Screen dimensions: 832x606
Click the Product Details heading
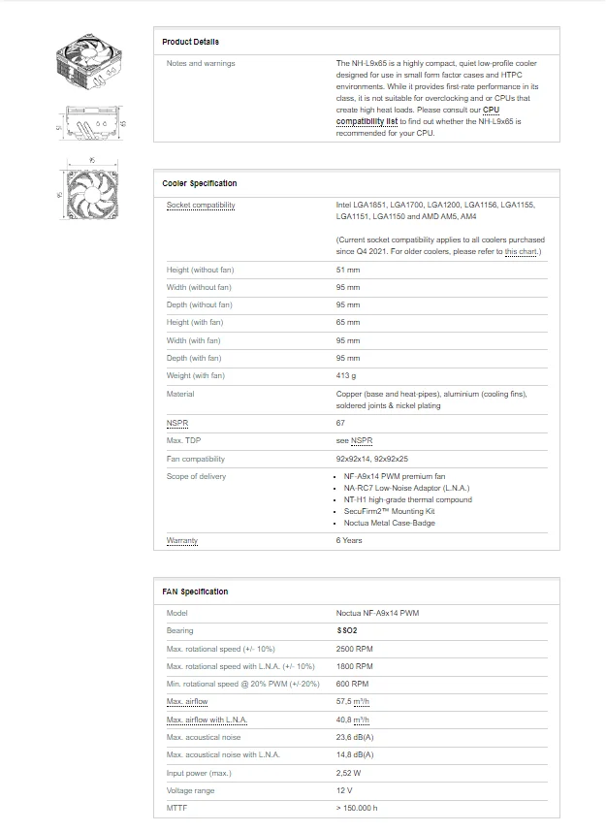pos(190,42)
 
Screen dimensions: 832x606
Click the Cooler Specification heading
pos(199,183)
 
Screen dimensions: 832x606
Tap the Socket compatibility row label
pos(201,206)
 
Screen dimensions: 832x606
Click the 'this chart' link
pos(521,252)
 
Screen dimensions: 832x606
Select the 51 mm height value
pos(347,270)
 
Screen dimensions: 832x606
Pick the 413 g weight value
pos(346,376)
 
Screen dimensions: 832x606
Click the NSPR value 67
pos(340,424)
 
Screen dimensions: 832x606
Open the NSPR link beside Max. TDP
pos(361,441)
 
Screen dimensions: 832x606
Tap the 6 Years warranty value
pos(349,540)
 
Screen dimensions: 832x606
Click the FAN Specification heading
pos(195,592)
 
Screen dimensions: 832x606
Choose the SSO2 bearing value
pos(346,631)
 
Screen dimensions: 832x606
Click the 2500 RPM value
pos(354,649)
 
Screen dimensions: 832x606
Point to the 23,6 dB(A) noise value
pos(355,737)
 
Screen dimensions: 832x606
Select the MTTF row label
pos(176,808)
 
